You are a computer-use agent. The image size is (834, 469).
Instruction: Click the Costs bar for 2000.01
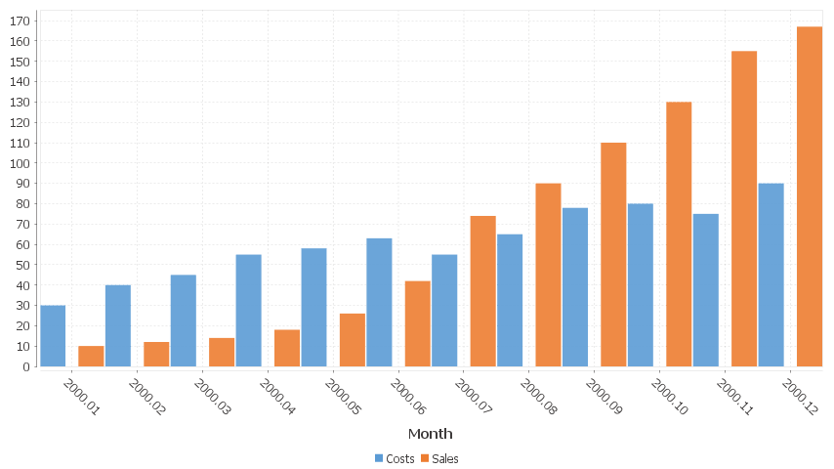53,336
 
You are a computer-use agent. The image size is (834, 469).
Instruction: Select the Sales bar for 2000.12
810,196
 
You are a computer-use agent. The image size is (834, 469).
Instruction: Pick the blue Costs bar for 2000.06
379,303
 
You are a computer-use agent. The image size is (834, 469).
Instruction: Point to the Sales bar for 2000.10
679,234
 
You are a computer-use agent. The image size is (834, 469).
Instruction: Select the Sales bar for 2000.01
91,357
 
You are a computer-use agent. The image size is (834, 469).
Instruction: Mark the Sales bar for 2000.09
613,255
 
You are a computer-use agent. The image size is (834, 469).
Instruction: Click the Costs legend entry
395,458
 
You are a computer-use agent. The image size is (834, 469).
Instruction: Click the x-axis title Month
430,433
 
